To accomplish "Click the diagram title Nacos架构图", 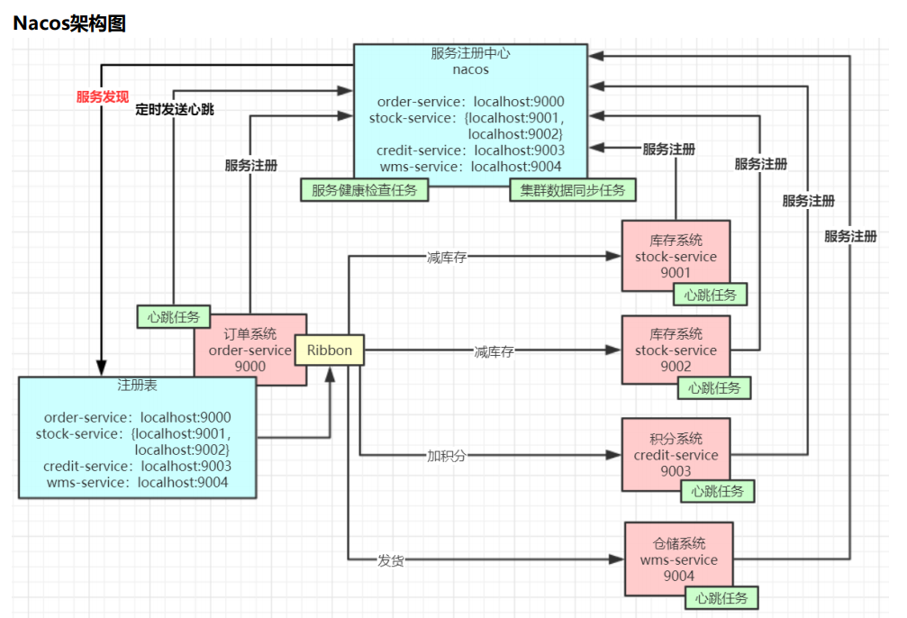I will point(69,24).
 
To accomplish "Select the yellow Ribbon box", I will point(330,350).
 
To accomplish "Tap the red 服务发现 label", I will point(103,97).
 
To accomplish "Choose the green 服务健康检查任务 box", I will point(365,190).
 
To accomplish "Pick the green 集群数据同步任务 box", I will point(573,190).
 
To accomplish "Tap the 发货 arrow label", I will point(390,560).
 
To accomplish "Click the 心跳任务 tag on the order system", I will point(173,317).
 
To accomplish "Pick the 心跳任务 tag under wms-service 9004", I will point(721,598).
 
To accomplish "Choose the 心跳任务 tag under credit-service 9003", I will point(717,491).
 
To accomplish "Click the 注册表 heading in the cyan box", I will point(137,386).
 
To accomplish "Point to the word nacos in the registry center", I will point(470,68).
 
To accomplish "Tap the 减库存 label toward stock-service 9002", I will point(494,351).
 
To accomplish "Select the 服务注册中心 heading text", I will point(470,53).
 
